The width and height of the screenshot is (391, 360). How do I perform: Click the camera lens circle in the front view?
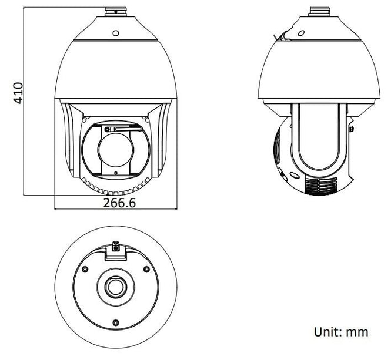[x=115, y=150]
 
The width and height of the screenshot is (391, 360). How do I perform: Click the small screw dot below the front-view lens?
[x=115, y=172]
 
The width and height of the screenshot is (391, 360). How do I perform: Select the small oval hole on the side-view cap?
[x=302, y=34]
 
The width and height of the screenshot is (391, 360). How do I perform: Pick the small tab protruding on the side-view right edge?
[x=351, y=127]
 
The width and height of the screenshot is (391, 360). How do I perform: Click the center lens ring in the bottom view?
[x=115, y=287]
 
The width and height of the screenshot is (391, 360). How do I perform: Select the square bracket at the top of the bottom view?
[x=115, y=250]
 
